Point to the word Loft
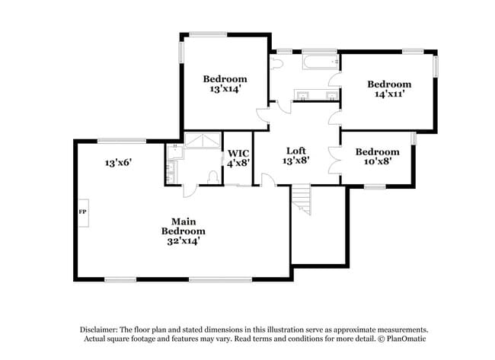pos(297,151)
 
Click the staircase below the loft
pos(303,199)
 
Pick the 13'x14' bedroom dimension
pos(225,88)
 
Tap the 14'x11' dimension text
pos(388,94)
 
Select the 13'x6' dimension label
pos(120,162)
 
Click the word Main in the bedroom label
pos(183,221)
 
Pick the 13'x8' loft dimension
pos(297,161)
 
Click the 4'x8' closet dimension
pos(238,163)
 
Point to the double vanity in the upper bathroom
pos(317,95)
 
